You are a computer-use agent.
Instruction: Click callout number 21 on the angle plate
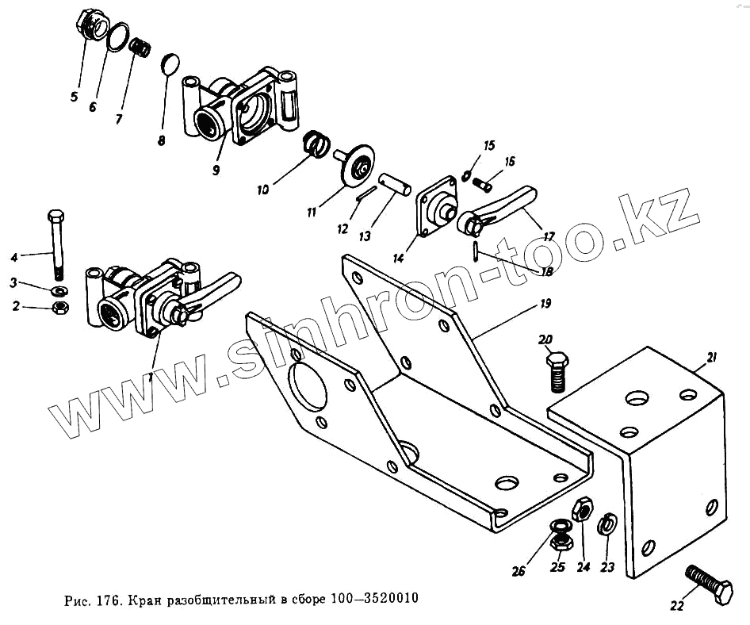(712, 359)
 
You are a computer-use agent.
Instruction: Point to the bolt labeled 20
(557, 370)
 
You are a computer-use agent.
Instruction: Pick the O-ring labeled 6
(118, 36)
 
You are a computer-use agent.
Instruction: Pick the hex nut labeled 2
(58, 307)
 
